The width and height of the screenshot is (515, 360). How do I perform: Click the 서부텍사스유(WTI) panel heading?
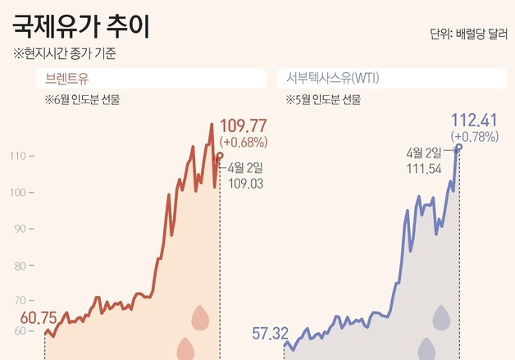(337, 79)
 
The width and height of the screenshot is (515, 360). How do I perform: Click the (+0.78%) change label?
(474, 136)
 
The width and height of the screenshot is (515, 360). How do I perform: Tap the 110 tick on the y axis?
(21, 156)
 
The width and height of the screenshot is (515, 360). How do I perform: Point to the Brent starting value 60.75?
(39, 317)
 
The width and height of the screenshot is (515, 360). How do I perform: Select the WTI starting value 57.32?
(271, 333)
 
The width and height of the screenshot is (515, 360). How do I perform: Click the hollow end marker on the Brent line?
(219, 155)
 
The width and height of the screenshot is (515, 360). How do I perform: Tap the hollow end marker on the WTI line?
(458, 147)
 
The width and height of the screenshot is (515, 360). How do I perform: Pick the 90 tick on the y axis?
(21, 227)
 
